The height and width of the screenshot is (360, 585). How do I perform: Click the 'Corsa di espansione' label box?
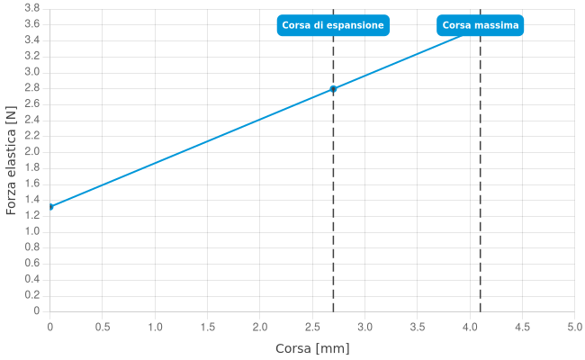(x=333, y=25)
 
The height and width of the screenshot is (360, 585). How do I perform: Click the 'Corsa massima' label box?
(x=480, y=25)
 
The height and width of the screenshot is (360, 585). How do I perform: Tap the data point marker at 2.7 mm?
(x=333, y=89)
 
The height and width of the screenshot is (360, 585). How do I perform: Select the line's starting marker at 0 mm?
(x=50, y=207)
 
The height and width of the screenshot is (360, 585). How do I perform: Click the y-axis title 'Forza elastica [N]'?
(x=11, y=162)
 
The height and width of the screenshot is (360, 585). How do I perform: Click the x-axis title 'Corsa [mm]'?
(x=312, y=348)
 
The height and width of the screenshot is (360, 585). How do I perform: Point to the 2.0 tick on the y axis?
(x=31, y=151)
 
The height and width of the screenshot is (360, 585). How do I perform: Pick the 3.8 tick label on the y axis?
(x=31, y=7)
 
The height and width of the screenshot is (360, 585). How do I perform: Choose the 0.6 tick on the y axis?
(x=31, y=263)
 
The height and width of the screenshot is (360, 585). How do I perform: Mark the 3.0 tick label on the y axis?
(x=31, y=71)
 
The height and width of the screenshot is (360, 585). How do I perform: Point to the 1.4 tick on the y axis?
(x=31, y=199)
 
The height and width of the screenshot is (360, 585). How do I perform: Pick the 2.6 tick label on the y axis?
(x=31, y=103)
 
